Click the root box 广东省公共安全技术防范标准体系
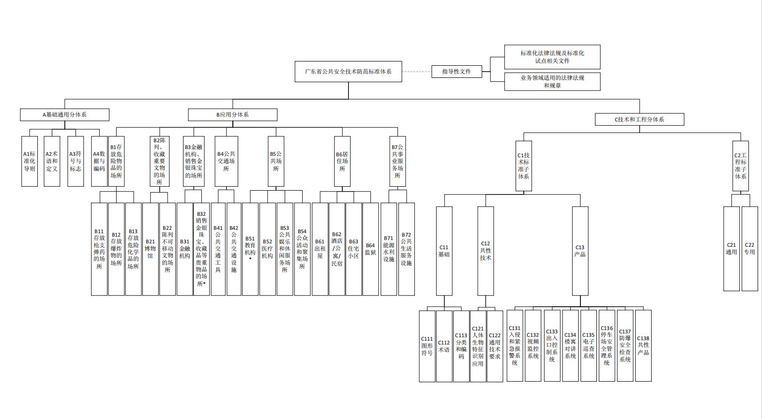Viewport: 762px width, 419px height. [348, 72]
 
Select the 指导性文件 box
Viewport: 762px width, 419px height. [457, 72]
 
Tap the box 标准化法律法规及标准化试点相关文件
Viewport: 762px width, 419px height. [552, 57]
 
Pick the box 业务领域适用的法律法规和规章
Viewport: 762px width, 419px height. [552, 81]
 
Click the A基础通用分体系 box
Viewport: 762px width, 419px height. [64, 115]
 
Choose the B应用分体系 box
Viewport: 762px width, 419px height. [232, 115]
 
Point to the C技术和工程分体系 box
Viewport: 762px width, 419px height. [639, 120]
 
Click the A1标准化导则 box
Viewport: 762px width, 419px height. [30, 161]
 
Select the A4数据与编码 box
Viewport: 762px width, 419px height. [99, 161]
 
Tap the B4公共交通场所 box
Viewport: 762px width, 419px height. [226, 161]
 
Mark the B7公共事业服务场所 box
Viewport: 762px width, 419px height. [397, 161]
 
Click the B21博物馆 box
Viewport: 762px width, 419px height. [150, 249]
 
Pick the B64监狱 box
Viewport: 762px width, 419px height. [370, 249]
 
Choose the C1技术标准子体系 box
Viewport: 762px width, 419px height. [523, 166]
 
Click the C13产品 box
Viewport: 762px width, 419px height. [580, 251]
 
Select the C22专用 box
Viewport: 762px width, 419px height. [749, 249]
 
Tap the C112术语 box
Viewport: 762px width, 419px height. [444, 346]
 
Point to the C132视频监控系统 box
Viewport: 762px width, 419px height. [533, 345]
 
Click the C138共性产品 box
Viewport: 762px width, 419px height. [643, 345]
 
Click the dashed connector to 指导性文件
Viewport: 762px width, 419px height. [417, 72]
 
